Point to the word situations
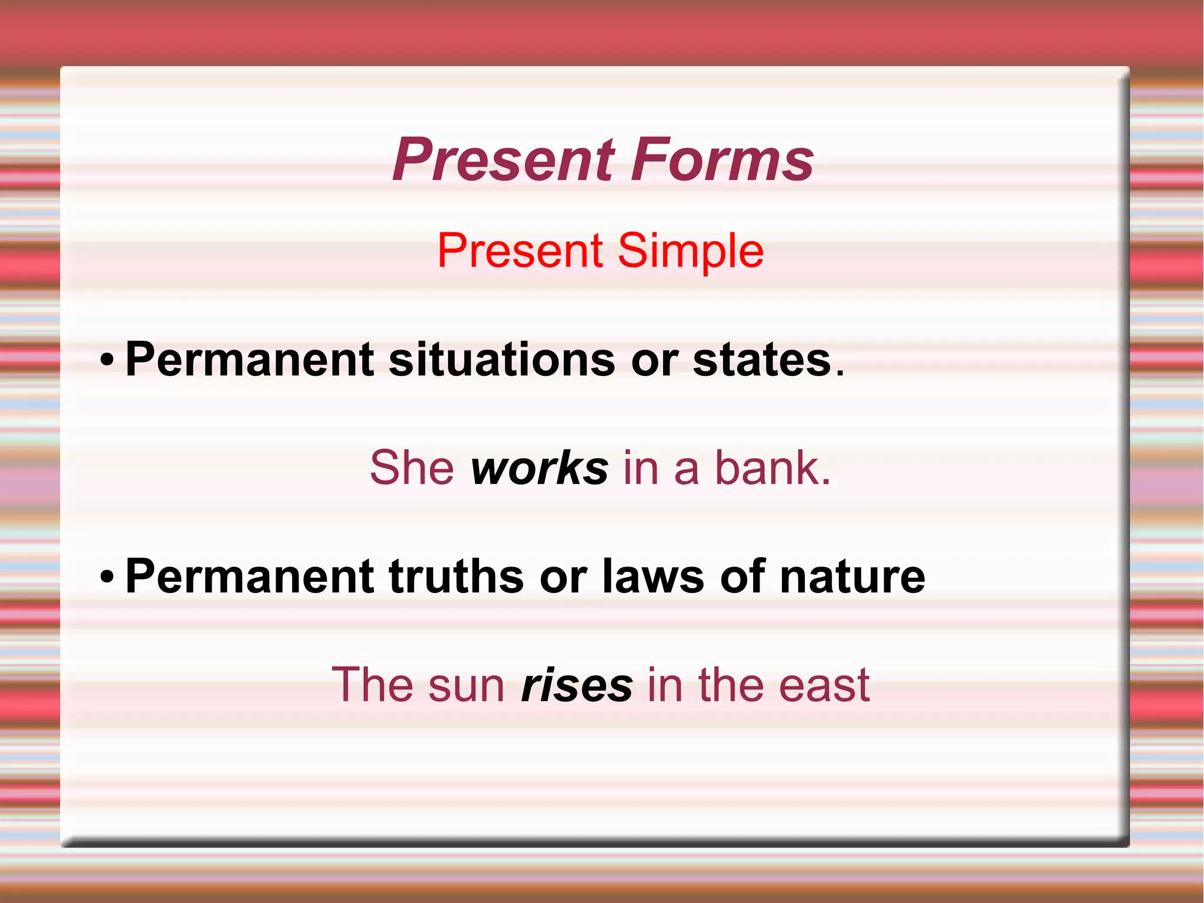coord(502,360)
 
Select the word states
coord(762,360)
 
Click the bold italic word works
coord(539,468)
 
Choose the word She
coord(412,468)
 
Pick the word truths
coord(456,577)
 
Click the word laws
coord(653,577)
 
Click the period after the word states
coord(840,373)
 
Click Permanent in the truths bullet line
coord(249,577)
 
